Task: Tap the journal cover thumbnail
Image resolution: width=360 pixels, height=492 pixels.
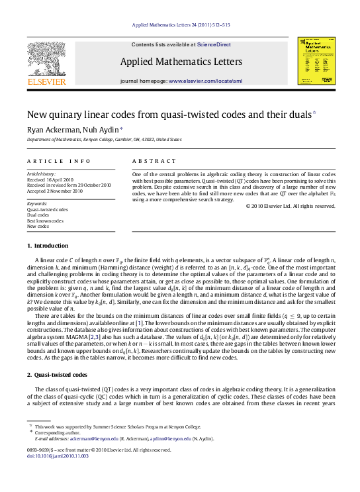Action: coord(313,60)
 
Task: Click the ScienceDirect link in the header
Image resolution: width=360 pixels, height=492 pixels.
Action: coord(214,44)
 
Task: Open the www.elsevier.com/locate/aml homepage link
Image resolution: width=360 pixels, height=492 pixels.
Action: coord(205,81)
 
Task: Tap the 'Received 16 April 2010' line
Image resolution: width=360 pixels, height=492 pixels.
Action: coord(50,179)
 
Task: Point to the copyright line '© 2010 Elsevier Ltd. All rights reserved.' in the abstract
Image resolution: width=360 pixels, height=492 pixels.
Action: coord(291,206)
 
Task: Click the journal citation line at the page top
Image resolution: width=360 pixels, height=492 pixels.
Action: coord(179,26)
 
